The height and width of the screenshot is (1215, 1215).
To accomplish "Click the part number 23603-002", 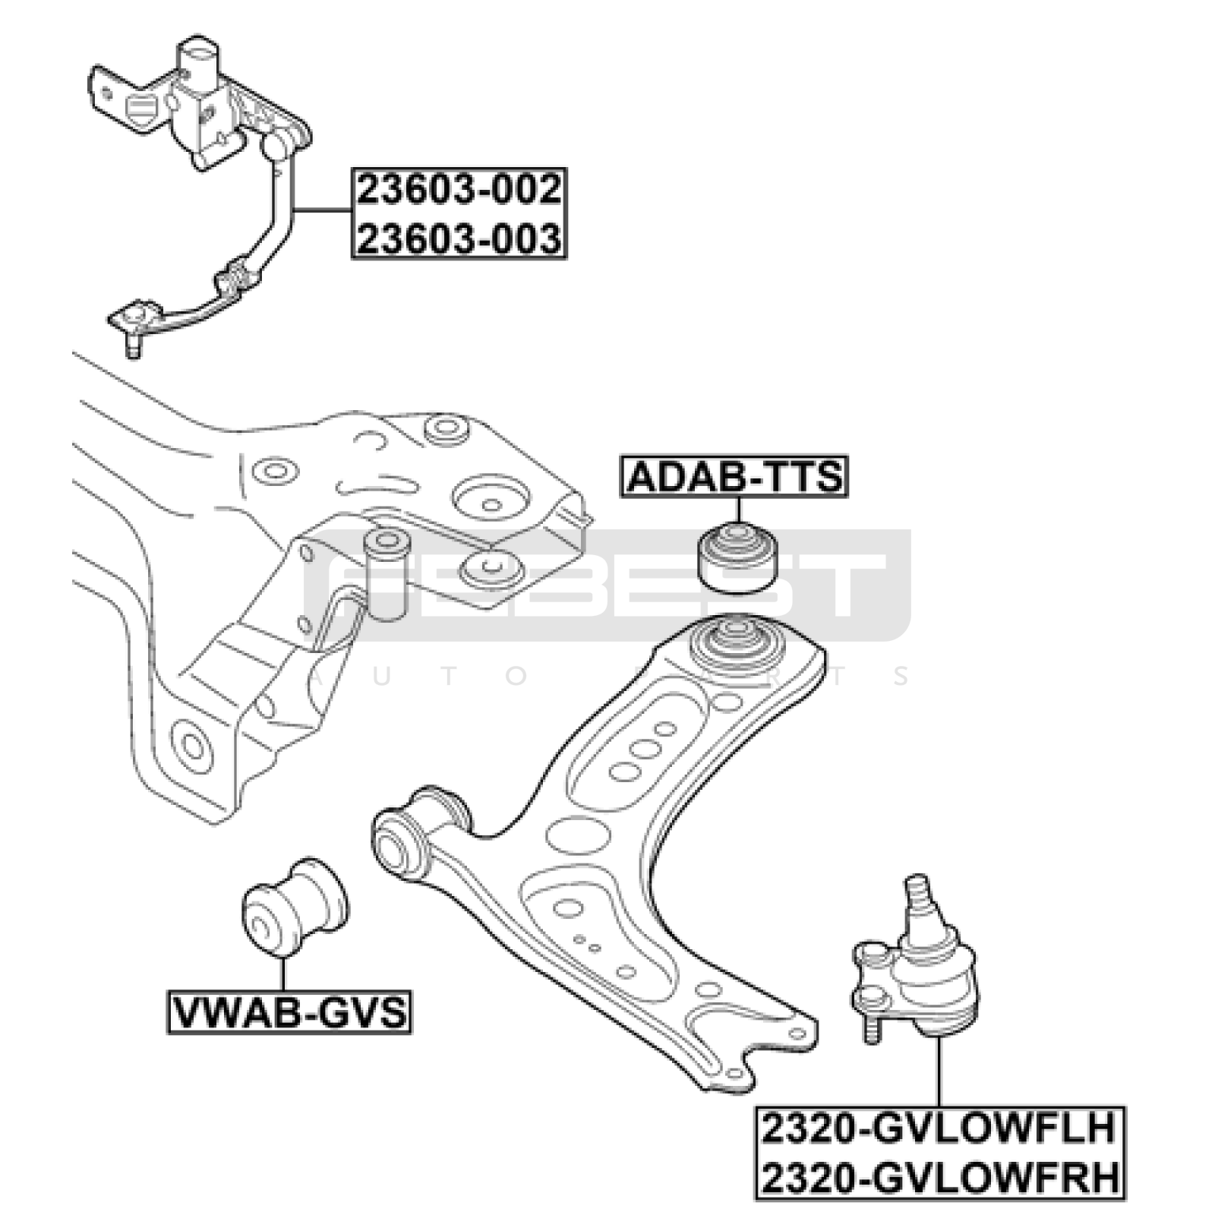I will pos(459,189).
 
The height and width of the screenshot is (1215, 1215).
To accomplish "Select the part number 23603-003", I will pos(459,238).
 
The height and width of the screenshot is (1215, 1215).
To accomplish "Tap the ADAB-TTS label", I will pos(734,477).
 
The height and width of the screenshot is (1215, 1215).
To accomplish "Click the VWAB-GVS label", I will pos(289,1011).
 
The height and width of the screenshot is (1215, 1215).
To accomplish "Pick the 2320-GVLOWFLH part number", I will pos(939,1128).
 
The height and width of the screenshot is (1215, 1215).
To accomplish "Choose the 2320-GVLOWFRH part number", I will pos(940,1178).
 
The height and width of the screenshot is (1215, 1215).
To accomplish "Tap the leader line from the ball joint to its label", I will pos(939,1071).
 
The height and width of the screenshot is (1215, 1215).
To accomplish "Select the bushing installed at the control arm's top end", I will pos(734,642).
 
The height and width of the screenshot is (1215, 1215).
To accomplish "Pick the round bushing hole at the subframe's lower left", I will pos(191,745).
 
